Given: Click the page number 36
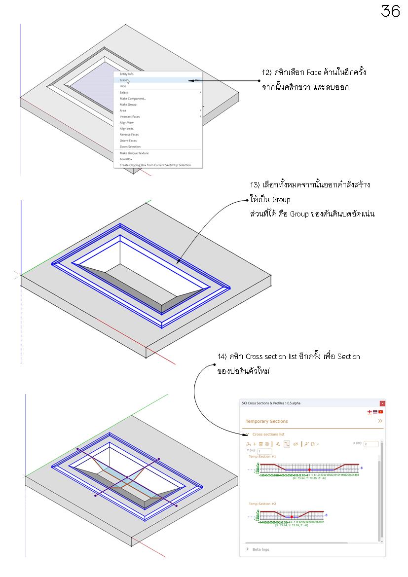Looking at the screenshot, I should coord(390,11).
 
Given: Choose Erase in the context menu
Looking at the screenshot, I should coord(124,80).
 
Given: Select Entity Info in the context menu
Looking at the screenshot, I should coord(126,74).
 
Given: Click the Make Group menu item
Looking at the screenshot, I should coord(128,105).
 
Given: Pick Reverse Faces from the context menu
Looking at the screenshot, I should coord(129,135).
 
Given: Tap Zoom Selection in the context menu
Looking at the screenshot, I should coord(130,146).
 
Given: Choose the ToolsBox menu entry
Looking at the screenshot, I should coord(126,159).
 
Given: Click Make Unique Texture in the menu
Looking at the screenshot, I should coord(134,153).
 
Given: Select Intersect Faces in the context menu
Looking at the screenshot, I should coord(130,116).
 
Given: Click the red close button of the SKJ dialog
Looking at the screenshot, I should coord(382,403).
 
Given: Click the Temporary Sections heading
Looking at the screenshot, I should coord(266,421).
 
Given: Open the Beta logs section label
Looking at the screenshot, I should coord(260,549).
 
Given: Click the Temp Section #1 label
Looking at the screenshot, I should coord(262,457).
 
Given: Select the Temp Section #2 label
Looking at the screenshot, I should coord(262,504).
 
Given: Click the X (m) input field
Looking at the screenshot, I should coord(371,444).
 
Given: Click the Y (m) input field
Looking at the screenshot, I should coord(264,451).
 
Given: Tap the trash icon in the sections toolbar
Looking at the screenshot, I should coord(260,444).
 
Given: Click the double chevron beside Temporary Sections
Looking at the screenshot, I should coord(380,421).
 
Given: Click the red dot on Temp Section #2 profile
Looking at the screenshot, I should coord(292,516).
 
